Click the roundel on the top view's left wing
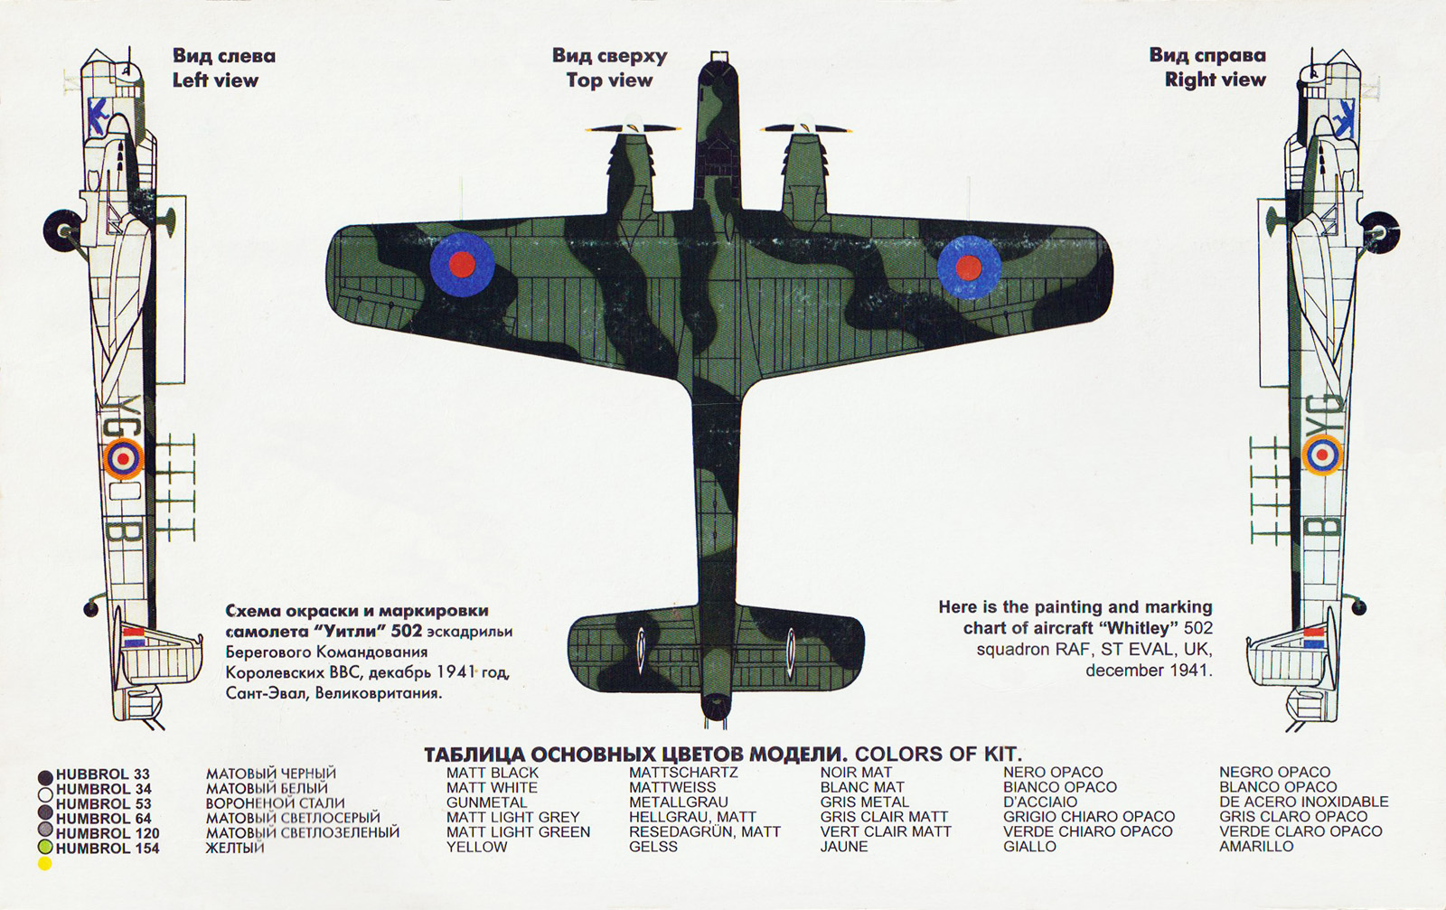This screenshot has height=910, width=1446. pyautogui.click(x=462, y=264)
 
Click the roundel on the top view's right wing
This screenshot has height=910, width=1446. pyautogui.click(x=968, y=267)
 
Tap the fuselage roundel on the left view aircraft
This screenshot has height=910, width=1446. pyautogui.click(x=123, y=458)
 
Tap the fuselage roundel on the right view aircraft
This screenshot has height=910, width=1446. pyautogui.click(x=1322, y=454)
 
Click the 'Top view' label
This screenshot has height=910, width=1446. pyautogui.click(x=609, y=80)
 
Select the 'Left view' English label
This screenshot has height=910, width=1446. pyautogui.click(x=215, y=80)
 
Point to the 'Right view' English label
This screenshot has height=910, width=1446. pyautogui.click(x=1215, y=80)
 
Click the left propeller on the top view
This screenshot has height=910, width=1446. pyautogui.click(x=633, y=128)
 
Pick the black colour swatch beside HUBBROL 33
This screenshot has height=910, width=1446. pyautogui.click(x=45, y=776)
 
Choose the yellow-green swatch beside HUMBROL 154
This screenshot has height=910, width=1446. pyautogui.click(x=45, y=848)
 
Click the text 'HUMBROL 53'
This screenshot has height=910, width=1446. pyautogui.click(x=103, y=803)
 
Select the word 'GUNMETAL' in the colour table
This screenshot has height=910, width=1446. pyautogui.click(x=486, y=802)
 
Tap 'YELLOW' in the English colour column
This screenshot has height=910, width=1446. pyautogui.click(x=476, y=847)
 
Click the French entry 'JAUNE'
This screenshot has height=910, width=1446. pyautogui.click(x=843, y=847)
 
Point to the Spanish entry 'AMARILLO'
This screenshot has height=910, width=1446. pyautogui.click(x=1256, y=847)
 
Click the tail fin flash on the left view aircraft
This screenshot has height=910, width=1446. pyautogui.click(x=135, y=636)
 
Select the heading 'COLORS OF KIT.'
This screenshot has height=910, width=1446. pyautogui.click(x=938, y=754)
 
